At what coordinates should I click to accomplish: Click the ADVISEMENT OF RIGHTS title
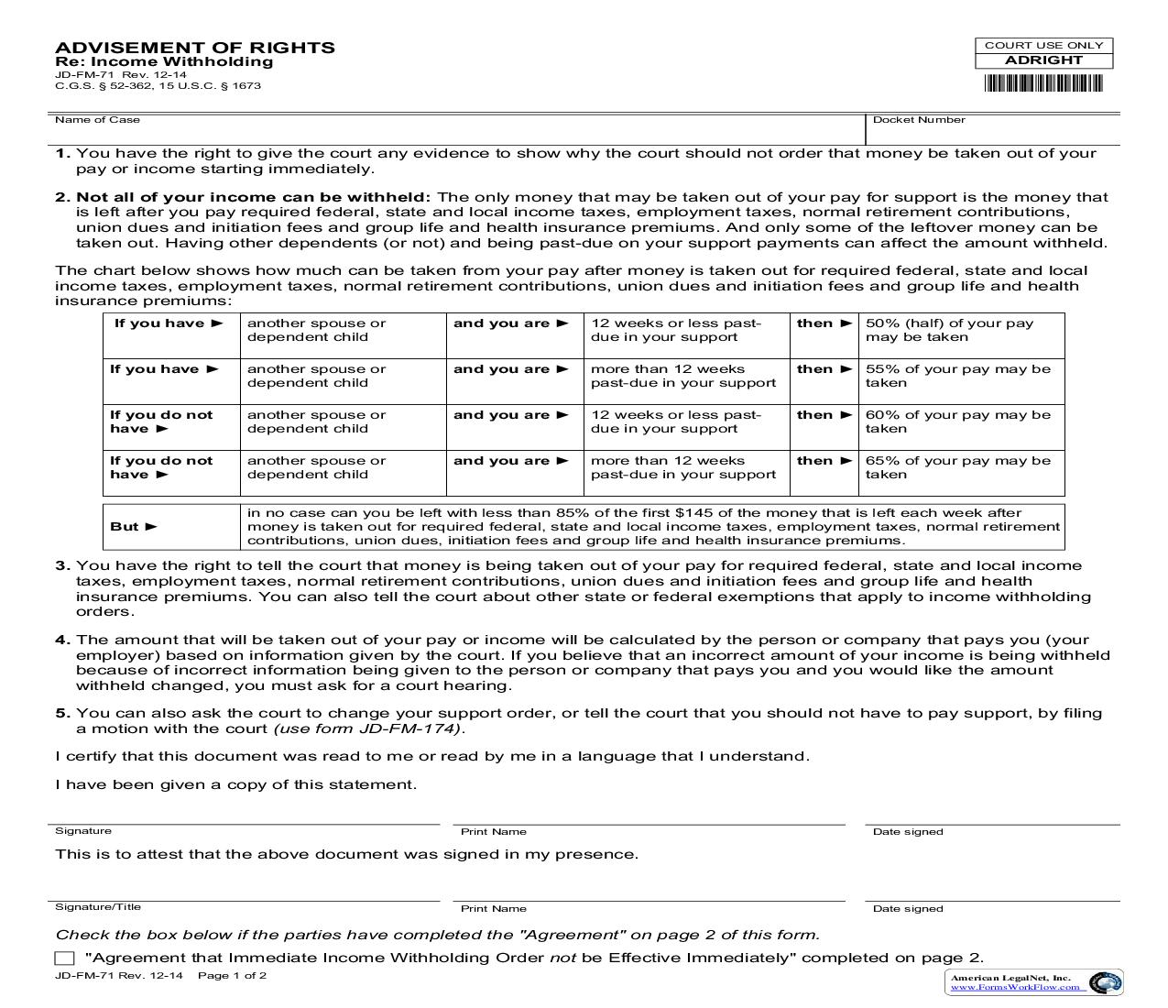194,48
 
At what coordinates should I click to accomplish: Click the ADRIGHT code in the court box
1043,60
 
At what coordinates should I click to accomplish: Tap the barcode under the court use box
1043,83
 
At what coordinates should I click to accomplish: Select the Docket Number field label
919,120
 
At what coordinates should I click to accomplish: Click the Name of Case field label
97,120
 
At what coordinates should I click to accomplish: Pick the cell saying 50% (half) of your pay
949,330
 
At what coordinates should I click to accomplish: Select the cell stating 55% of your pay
957,376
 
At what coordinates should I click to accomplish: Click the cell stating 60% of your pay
957,422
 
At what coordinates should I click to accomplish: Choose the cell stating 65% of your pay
957,467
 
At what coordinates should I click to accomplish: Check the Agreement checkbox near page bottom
64,959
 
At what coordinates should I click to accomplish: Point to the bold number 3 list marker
61,566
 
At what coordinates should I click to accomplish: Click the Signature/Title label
98,907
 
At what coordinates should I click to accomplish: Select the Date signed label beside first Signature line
908,832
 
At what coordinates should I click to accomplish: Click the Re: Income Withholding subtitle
164,62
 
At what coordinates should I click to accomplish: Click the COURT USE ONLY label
1043,45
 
